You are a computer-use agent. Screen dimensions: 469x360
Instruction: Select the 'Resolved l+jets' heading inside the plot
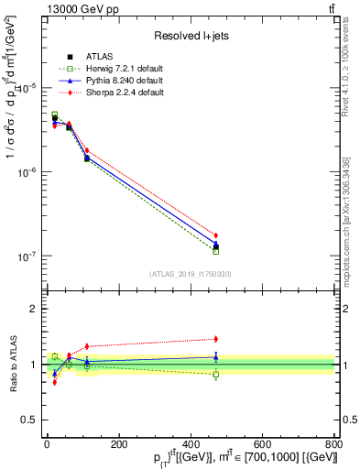click(191, 35)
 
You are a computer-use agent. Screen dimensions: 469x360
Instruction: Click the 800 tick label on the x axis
click(334, 444)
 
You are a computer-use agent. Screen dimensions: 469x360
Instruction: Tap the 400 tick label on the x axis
click(191, 444)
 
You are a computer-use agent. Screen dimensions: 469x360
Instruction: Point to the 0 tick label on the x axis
click(47, 444)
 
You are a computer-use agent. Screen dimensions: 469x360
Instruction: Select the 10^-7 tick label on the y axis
click(25, 256)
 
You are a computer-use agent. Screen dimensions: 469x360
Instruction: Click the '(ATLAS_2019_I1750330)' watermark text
click(191, 274)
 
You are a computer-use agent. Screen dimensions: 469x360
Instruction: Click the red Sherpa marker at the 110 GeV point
click(87, 151)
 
